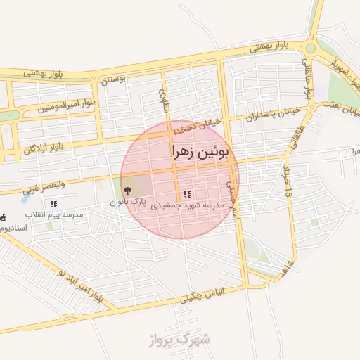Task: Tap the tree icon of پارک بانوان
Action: click(x=127, y=190)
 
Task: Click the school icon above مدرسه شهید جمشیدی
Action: click(x=187, y=194)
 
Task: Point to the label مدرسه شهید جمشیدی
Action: click(x=188, y=205)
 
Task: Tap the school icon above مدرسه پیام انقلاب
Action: click(x=53, y=203)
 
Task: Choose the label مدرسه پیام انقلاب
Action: click(x=54, y=214)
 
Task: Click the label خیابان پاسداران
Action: click(x=271, y=115)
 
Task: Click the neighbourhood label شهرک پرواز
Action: click(x=180, y=340)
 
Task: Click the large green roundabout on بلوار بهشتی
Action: click(x=310, y=48)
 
